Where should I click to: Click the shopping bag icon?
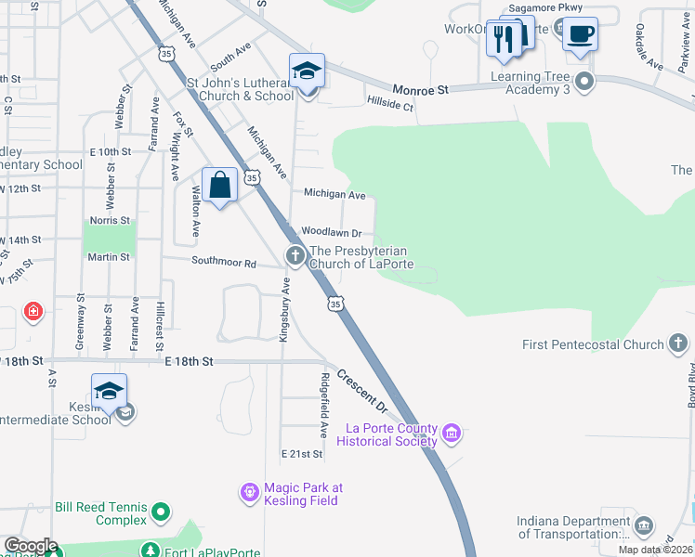(x=219, y=185)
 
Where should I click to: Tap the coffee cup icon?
(x=580, y=35)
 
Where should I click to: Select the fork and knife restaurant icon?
(x=504, y=38)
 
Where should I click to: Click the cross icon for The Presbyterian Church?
(x=295, y=255)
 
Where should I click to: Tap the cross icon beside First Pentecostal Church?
(x=678, y=344)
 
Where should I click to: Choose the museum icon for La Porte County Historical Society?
(x=452, y=433)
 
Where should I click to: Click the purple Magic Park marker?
(x=249, y=492)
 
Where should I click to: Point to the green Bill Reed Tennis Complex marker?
(x=161, y=511)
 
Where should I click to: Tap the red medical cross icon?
(x=33, y=310)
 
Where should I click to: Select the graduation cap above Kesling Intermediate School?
(x=109, y=391)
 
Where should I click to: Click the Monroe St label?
(x=421, y=89)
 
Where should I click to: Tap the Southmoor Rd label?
(x=224, y=263)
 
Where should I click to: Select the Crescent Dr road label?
(x=361, y=390)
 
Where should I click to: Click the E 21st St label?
(x=302, y=454)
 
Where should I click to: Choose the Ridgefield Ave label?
(x=324, y=406)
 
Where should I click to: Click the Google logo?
(x=30, y=546)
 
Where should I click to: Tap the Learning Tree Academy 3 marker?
(x=584, y=82)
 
